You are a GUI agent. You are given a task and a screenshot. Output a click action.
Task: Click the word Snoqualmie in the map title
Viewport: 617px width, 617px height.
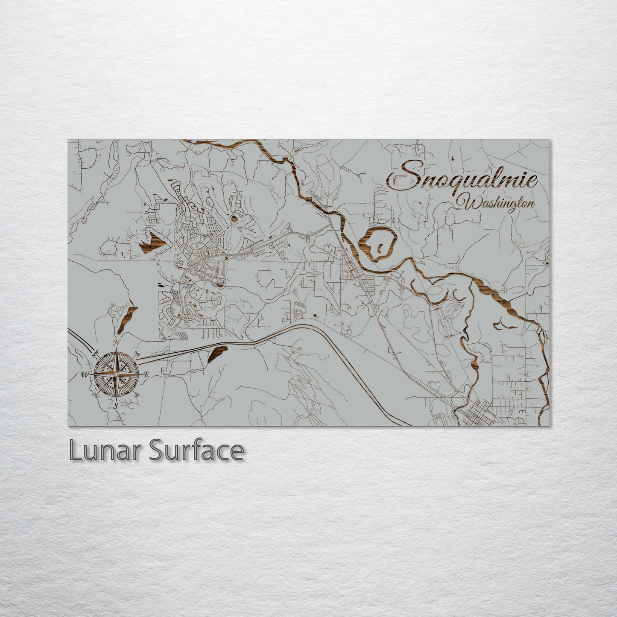[x=461, y=179]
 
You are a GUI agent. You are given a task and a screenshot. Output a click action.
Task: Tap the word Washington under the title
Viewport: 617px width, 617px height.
[x=495, y=203]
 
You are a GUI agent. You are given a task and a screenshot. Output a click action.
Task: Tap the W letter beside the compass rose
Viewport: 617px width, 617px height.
[x=84, y=375]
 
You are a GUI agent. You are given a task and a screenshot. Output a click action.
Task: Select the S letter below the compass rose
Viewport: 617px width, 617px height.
[x=115, y=406]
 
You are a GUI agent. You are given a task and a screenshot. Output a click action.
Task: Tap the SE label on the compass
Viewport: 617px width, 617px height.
[x=137, y=395]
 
